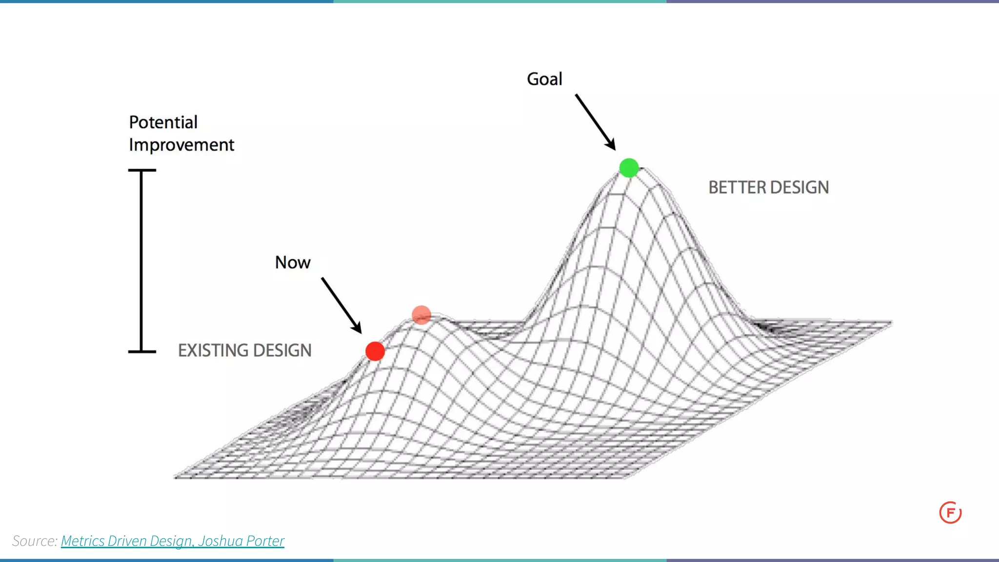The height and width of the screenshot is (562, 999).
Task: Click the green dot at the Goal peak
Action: (x=629, y=168)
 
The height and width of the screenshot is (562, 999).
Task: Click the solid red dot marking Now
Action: (x=375, y=351)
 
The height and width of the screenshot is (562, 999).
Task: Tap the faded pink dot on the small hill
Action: (x=421, y=315)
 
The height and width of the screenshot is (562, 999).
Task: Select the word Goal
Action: (x=544, y=79)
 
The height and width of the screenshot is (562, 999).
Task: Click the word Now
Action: (x=293, y=263)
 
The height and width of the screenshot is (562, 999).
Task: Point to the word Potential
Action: (x=163, y=122)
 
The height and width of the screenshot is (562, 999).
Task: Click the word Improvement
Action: (x=181, y=145)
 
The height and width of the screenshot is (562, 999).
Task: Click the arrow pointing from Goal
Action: (x=595, y=122)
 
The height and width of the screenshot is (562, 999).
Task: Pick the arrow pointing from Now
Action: (x=341, y=306)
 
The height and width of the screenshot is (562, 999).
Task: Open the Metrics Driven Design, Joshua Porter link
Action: (x=172, y=541)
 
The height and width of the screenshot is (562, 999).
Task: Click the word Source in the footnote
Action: (x=34, y=541)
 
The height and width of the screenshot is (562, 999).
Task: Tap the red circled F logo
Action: (x=950, y=513)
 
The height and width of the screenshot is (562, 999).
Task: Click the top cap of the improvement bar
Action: (x=142, y=170)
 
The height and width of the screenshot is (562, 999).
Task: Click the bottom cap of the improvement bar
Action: (x=142, y=351)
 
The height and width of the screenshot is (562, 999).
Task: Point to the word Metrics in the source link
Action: (x=82, y=541)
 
